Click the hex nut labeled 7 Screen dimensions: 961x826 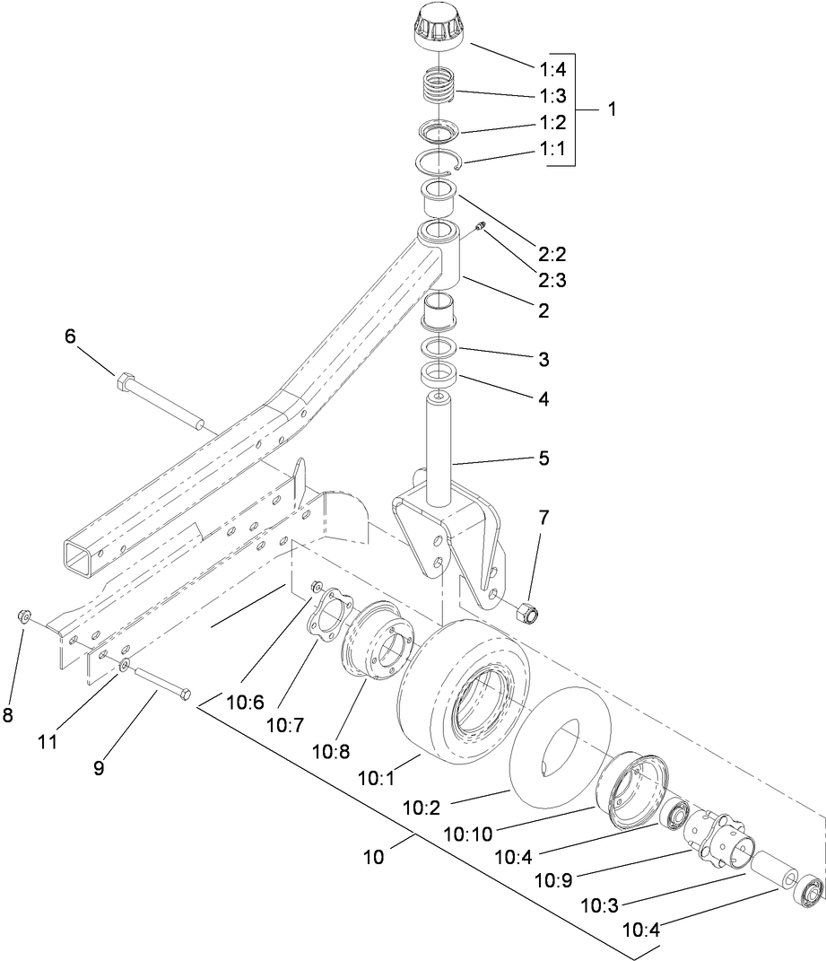click(526, 615)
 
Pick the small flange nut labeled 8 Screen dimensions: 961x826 click(24, 616)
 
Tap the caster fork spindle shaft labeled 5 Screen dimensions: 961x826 click(438, 449)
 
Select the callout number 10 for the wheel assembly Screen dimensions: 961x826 click(373, 856)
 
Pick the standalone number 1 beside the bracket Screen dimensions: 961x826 click(612, 109)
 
